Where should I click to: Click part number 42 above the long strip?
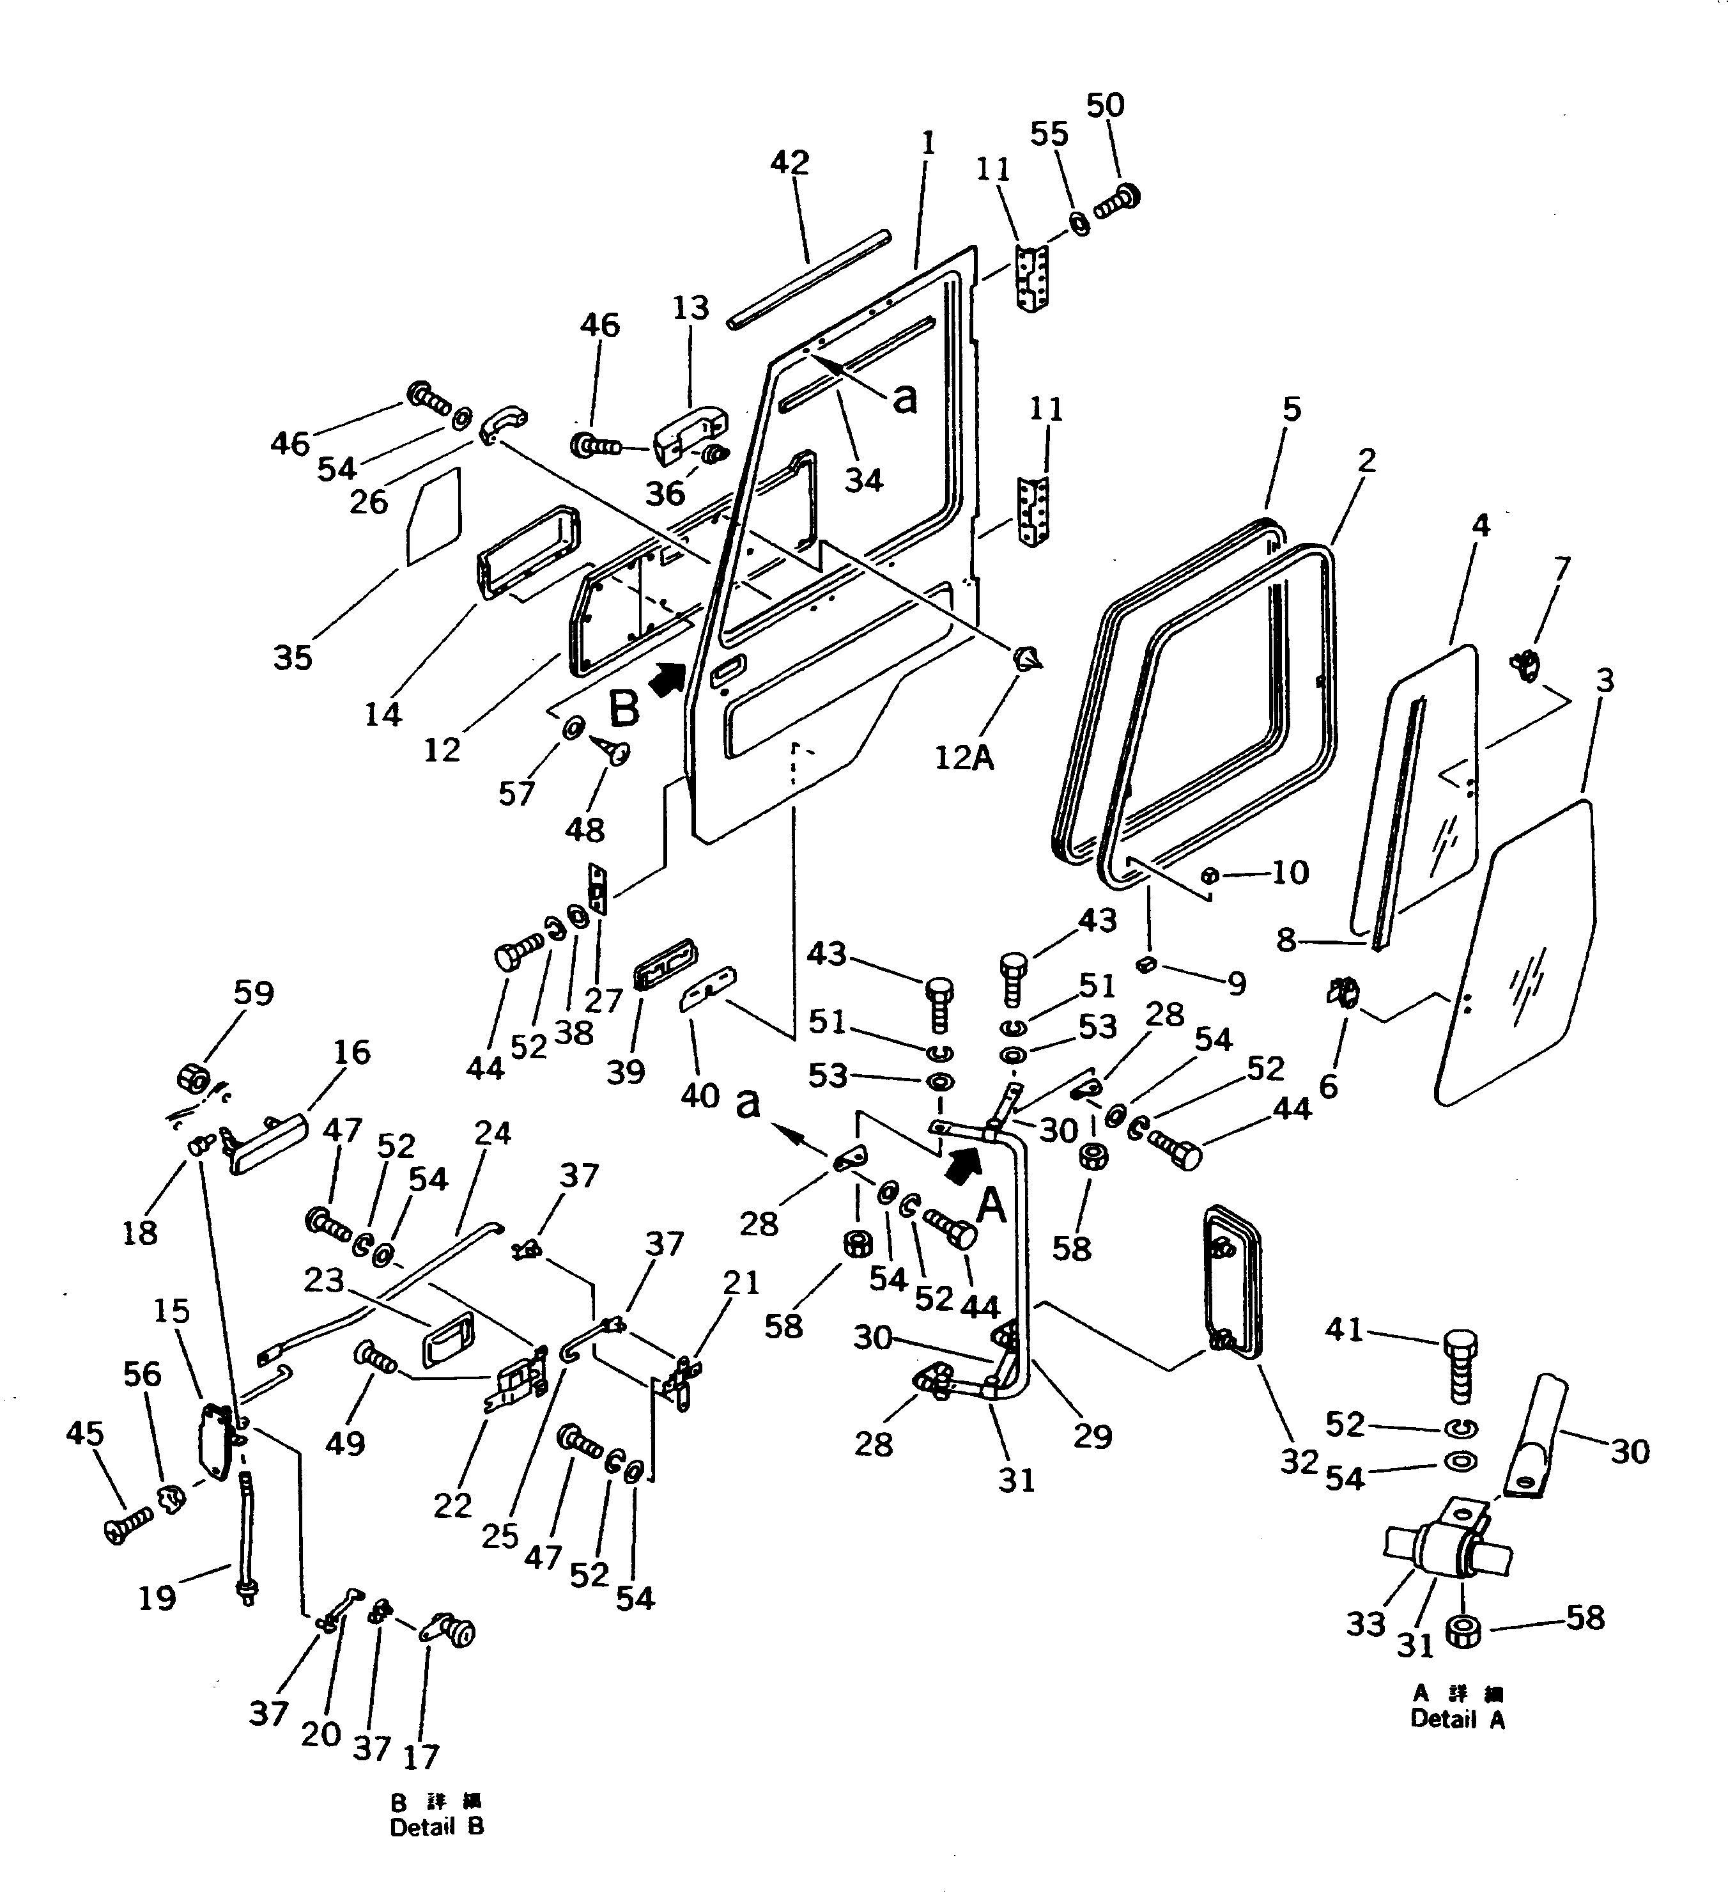[x=789, y=162]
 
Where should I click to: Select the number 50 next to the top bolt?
[x=1105, y=105]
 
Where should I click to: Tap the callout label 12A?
[x=964, y=756]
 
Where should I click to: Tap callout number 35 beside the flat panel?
[x=292, y=657]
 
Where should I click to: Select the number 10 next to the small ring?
[x=1290, y=872]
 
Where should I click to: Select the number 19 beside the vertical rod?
[x=157, y=1597]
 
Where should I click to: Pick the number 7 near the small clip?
[x=1561, y=568]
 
